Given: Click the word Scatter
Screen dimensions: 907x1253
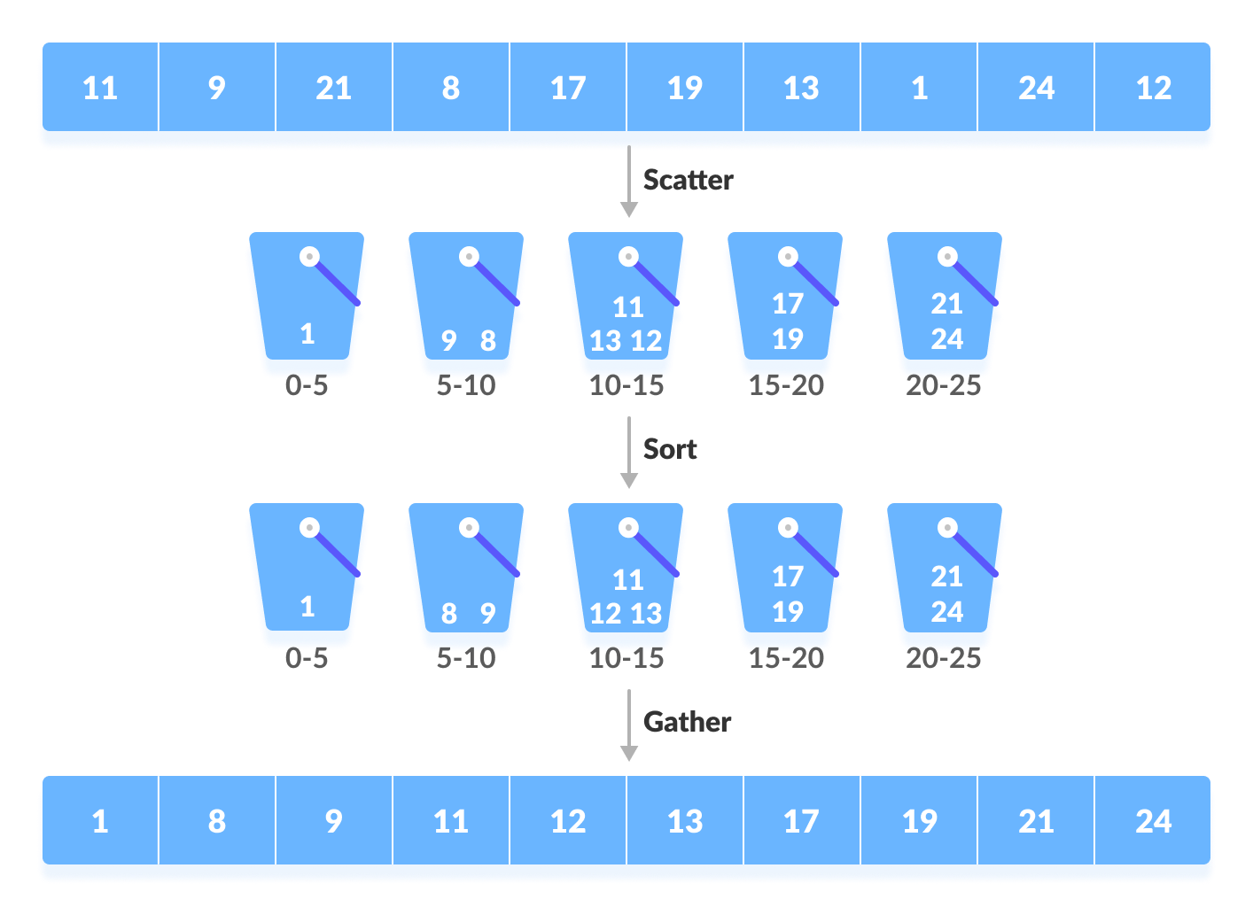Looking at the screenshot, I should point(688,180).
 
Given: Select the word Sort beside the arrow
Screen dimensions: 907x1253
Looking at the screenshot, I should point(670,449).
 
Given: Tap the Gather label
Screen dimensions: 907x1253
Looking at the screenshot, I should point(687,722).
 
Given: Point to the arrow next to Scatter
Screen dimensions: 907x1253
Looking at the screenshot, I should point(628,182).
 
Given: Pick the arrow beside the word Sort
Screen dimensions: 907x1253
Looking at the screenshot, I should point(628,452).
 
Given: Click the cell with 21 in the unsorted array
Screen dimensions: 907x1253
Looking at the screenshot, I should point(333,88).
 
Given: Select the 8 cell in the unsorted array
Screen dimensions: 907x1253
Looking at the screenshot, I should point(450,88).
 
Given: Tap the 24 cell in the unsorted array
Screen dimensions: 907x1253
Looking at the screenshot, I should point(1036,88).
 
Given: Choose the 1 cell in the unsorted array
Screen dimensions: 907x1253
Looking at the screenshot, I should point(919,88).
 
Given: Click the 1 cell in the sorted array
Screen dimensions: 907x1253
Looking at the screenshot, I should point(100,821).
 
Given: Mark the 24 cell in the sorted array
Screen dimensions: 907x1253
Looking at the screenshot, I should point(1153,821).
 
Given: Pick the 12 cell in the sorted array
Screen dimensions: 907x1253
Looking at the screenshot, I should point(568,821).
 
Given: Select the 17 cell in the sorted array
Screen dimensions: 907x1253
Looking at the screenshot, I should point(801,821).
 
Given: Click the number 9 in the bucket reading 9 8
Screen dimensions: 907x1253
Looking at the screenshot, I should point(449,340).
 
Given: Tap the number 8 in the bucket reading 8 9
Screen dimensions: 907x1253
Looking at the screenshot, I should point(449,613).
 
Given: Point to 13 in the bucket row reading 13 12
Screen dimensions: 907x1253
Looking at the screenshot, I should point(606,341).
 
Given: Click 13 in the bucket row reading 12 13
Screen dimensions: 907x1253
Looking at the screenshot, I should point(647,614).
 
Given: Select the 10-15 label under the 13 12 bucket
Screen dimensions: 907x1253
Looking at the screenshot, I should point(626,385).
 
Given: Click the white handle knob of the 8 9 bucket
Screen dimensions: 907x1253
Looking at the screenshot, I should point(469,528).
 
